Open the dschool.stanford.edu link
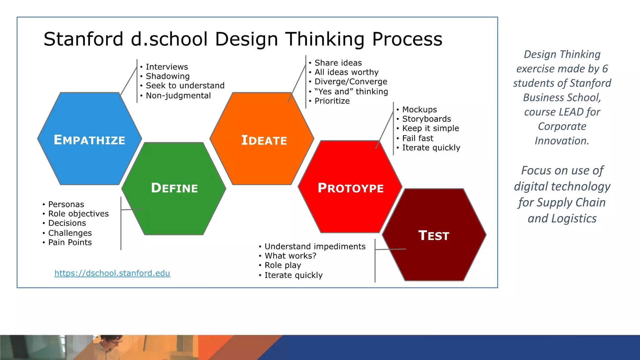(x=112, y=273)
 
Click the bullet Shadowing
(x=167, y=76)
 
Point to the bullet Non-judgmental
(x=178, y=96)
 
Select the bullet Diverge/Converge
(x=351, y=82)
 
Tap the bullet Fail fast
(x=417, y=138)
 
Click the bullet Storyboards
(x=426, y=119)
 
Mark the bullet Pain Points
(x=70, y=242)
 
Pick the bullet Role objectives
(x=78, y=214)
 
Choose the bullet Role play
(x=282, y=265)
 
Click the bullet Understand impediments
(x=315, y=247)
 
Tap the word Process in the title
(x=407, y=39)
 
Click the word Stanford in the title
(x=83, y=39)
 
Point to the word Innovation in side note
(x=562, y=141)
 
